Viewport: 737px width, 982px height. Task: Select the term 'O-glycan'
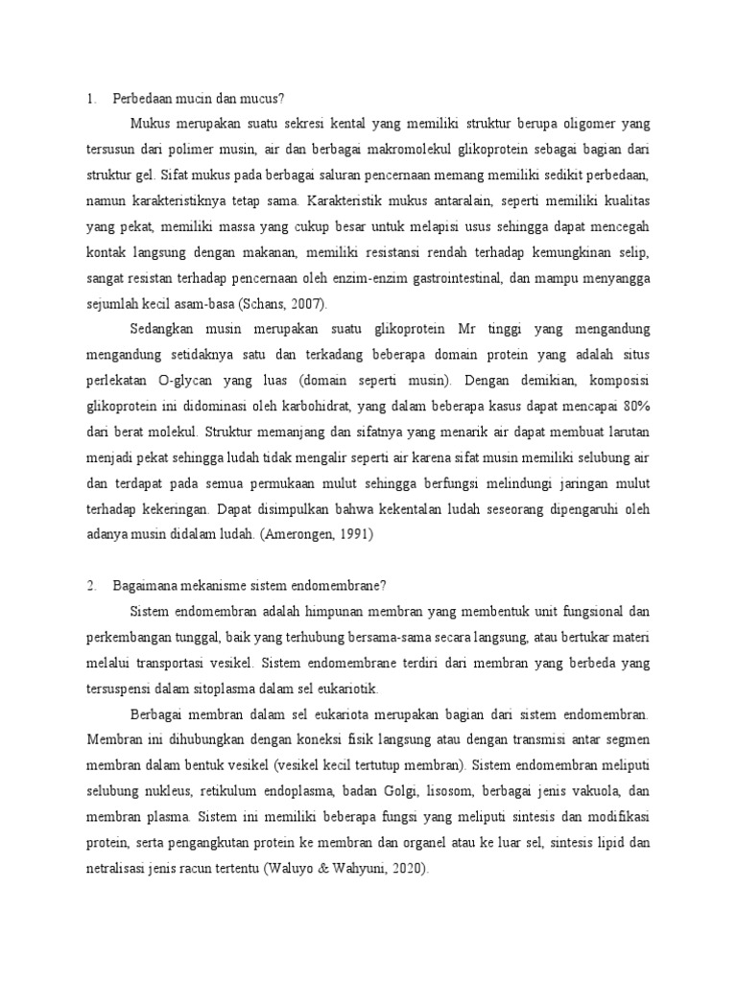pyautogui.click(x=190, y=380)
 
